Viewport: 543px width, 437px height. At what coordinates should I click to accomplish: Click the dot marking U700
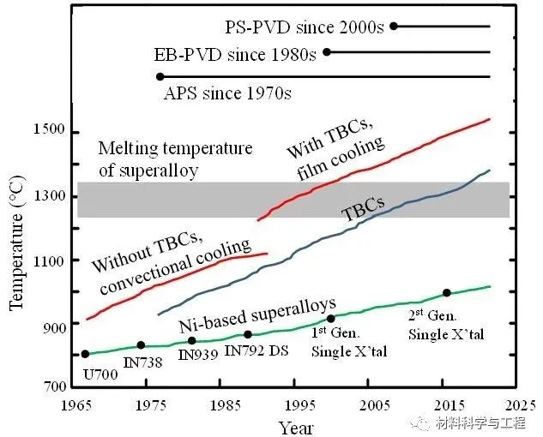(85, 354)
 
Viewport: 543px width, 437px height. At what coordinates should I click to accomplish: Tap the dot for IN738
(141, 345)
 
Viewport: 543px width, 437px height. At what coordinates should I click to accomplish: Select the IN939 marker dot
(191, 341)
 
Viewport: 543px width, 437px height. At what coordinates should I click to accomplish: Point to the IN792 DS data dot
(248, 334)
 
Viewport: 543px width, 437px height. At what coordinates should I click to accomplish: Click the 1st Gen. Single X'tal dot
(331, 319)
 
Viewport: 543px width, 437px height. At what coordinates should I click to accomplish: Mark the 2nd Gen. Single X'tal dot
(447, 293)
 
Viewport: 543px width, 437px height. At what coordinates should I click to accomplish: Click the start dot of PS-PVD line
(394, 26)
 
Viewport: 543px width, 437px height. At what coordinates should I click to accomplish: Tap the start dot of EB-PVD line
(326, 52)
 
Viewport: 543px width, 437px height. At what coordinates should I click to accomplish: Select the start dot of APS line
(160, 77)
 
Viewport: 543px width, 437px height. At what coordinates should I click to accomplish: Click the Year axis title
(294, 425)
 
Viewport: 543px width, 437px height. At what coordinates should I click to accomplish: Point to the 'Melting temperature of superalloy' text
(175, 159)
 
